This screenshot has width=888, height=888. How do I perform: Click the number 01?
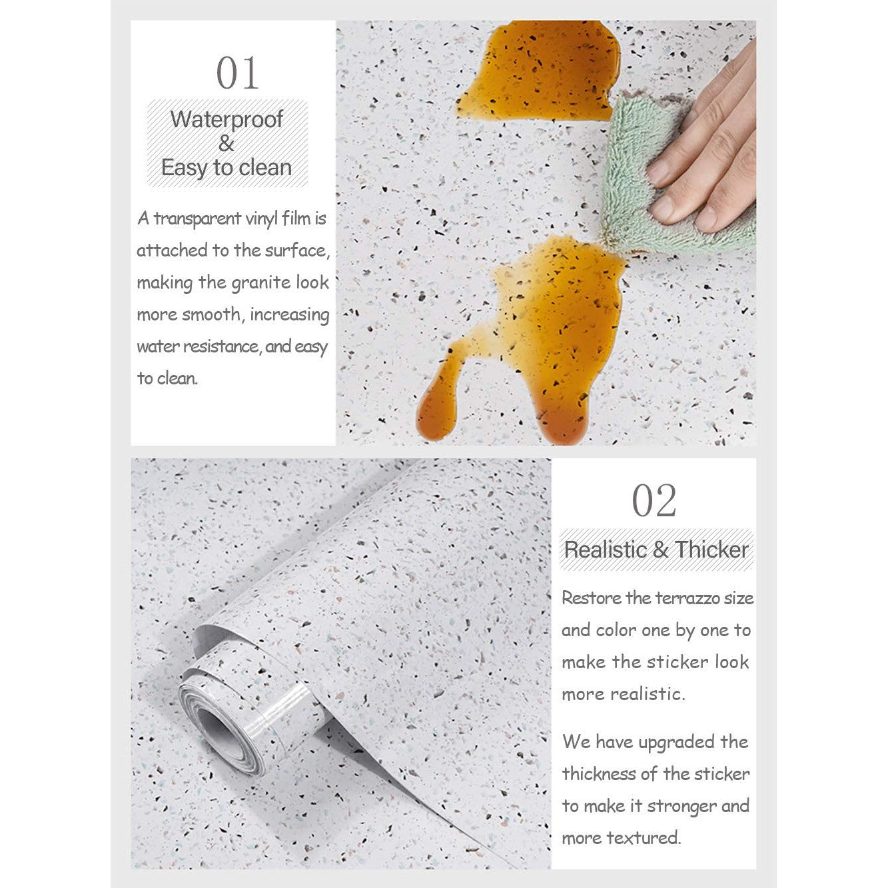[237, 73]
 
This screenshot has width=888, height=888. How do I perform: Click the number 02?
[654, 501]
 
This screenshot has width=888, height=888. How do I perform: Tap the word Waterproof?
[226, 119]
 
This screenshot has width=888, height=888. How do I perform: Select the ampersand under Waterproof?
[226, 143]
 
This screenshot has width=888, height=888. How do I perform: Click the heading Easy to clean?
[226, 167]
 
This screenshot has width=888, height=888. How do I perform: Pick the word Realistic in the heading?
[605, 550]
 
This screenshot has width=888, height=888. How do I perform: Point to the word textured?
[648, 838]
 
